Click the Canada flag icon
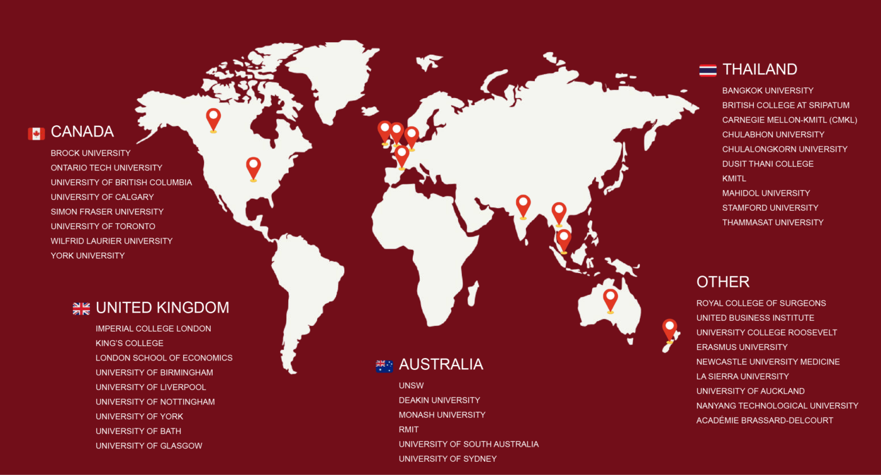[x=36, y=133]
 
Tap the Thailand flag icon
[x=707, y=70]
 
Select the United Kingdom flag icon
[x=81, y=308]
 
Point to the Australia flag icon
[x=384, y=366]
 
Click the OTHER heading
[x=722, y=282]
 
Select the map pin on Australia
[x=610, y=299]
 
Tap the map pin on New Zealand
[x=670, y=328]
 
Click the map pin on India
[x=523, y=205]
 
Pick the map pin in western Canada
[x=213, y=118]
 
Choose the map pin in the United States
[x=253, y=167]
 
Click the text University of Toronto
[x=103, y=226]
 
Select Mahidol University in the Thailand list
[x=766, y=193]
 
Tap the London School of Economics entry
[x=164, y=358]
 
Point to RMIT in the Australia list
[x=408, y=430]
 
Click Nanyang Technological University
[x=777, y=406]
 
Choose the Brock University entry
[x=91, y=154]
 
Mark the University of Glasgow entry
[x=149, y=446]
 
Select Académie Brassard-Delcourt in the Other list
[x=765, y=420]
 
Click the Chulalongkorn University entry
[x=785, y=149]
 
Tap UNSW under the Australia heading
[x=411, y=386]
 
